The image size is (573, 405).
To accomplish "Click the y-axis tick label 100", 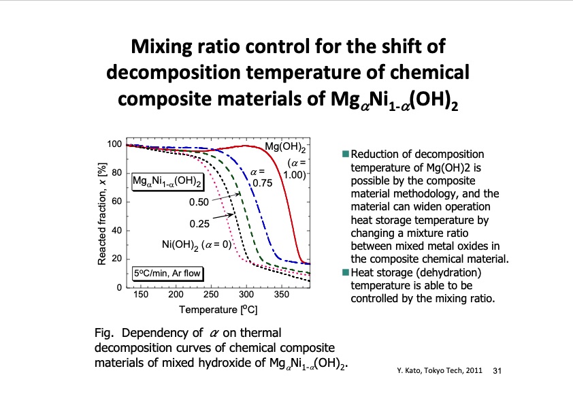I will (114, 144).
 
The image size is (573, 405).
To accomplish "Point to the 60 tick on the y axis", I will (116, 202).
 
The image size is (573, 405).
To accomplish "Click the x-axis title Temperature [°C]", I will (218, 310).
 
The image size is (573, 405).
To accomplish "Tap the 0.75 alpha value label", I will (262, 183).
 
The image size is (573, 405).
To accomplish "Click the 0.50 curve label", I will (199, 202).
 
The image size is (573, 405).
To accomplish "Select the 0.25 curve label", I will (199, 223).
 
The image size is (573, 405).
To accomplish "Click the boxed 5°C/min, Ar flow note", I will (167, 276).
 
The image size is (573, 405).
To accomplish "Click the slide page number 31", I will (496, 371).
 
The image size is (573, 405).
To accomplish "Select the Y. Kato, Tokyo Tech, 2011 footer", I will (440, 371).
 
